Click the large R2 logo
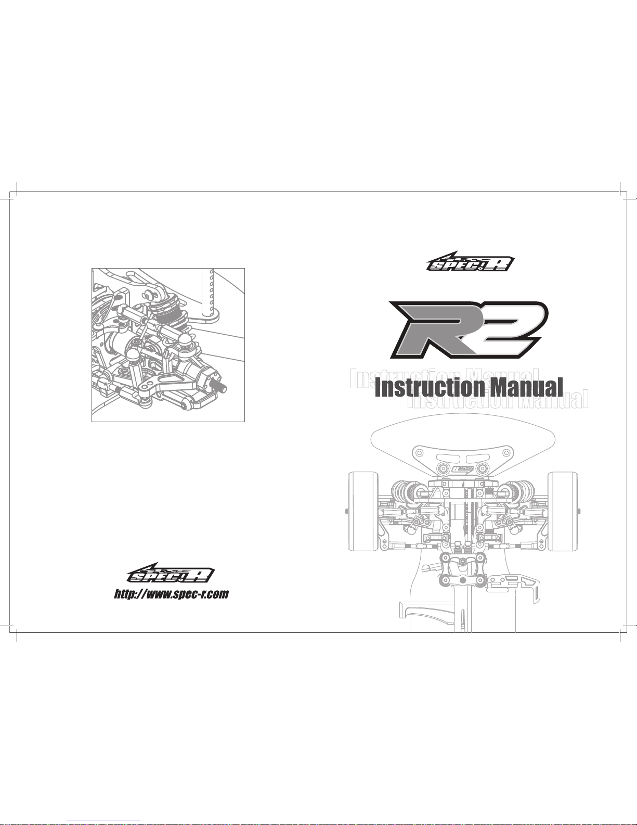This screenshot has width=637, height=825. (x=469, y=329)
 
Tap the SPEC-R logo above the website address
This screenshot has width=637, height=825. (x=171, y=573)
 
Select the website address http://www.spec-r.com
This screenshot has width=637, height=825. (x=172, y=594)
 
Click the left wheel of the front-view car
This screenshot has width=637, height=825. (x=363, y=512)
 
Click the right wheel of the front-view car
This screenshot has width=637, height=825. (x=563, y=512)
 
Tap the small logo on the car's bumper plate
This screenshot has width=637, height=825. (x=463, y=469)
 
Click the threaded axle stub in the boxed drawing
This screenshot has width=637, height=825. (x=220, y=389)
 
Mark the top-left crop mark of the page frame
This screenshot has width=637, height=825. (x=17, y=192)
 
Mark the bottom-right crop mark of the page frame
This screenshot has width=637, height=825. (x=619, y=632)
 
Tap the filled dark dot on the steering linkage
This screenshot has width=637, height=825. (x=463, y=561)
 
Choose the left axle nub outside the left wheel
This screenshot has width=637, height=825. (x=346, y=511)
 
